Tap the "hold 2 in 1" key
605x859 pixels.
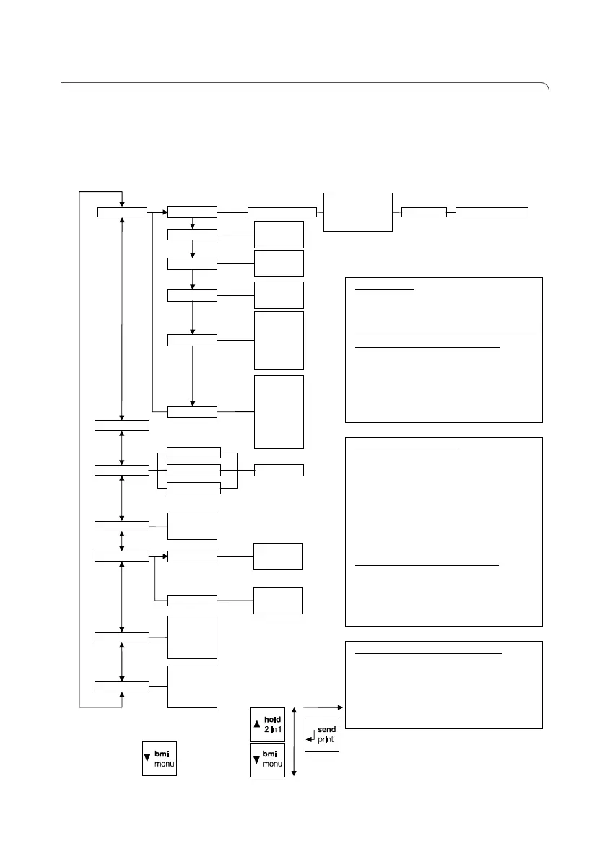[268, 724]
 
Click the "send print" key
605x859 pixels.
[321, 735]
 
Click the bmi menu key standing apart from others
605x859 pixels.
[159, 758]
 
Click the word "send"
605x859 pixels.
[326, 730]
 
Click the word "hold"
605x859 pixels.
[272, 720]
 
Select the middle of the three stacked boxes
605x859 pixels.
[193, 470]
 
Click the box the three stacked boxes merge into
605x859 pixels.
[279, 470]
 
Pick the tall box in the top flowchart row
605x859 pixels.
[358, 212]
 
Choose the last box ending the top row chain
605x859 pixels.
[492, 212]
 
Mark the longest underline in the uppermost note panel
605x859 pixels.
[448, 333]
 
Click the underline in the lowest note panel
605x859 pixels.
[431, 654]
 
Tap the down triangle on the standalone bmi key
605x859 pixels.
[148, 757]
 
